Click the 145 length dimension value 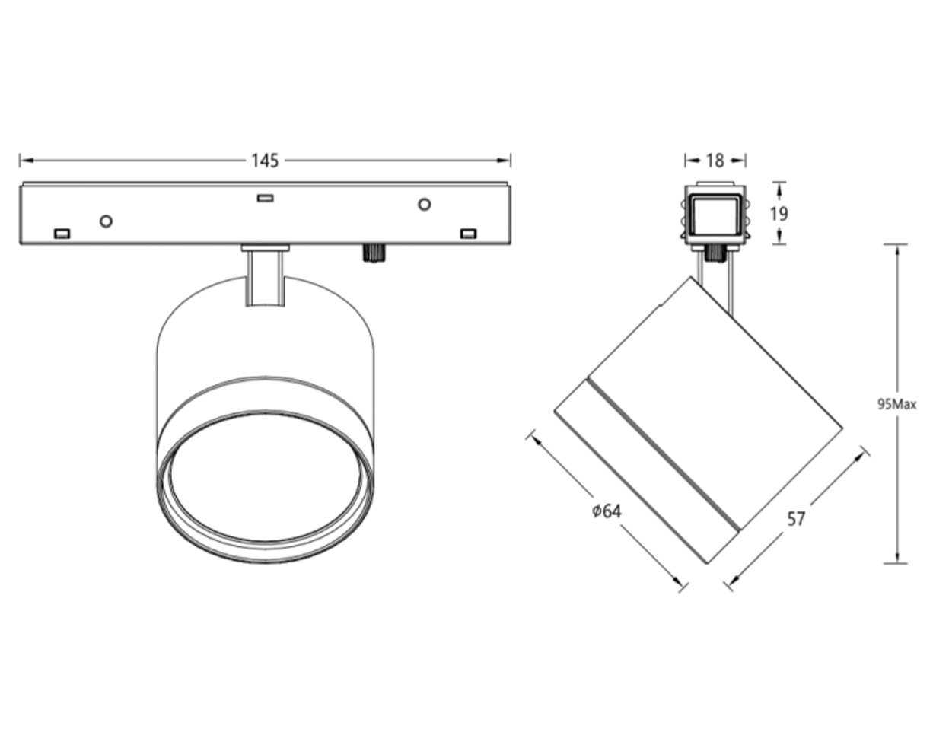click(265, 161)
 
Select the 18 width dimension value click(715, 161)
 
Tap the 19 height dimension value click(779, 214)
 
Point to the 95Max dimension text click(897, 405)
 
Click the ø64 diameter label click(607, 511)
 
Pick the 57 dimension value click(796, 519)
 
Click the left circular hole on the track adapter click(107, 221)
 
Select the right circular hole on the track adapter click(424, 204)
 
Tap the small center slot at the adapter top click(265, 198)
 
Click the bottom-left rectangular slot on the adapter click(62, 234)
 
